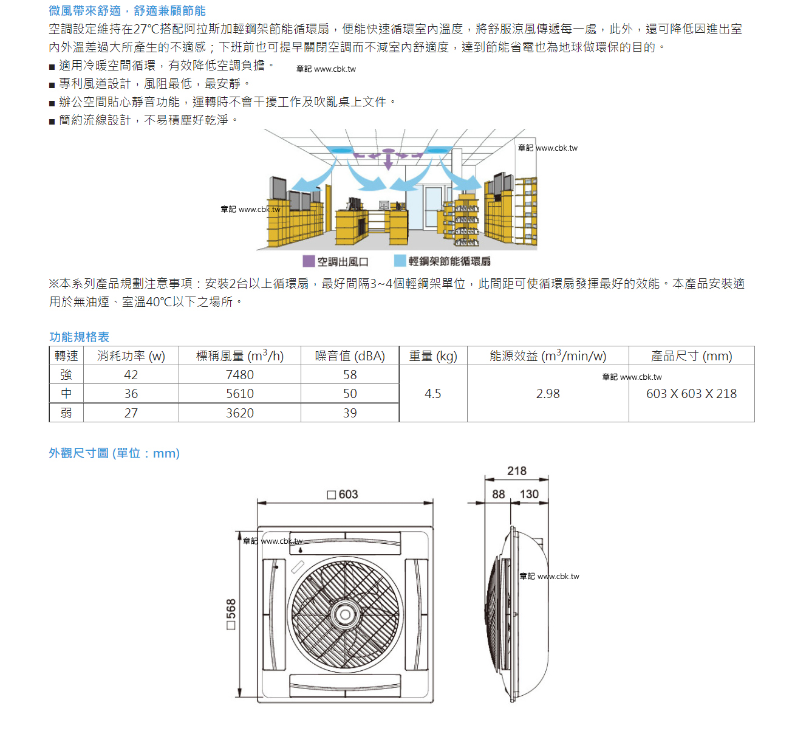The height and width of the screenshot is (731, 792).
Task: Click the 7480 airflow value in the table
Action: (240, 375)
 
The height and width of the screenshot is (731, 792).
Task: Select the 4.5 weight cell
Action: (432, 393)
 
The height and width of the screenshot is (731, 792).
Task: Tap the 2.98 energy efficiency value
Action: (548, 393)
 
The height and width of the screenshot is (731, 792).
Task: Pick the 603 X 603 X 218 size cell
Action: (691, 393)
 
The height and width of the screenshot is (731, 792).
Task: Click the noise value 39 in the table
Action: (350, 413)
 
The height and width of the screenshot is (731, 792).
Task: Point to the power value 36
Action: (131, 393)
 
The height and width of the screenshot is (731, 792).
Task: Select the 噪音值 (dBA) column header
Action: (350, 355)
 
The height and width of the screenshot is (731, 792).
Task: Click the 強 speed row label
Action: (66, 375)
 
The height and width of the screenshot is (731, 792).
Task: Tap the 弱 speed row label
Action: (66, 413)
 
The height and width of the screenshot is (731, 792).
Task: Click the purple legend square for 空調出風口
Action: (309, 261)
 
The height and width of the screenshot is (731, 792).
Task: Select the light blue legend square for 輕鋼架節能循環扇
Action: (400, 261)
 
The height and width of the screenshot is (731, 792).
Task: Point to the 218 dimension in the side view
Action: (516, 471)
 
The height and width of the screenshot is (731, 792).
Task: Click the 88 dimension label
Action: (498, 494)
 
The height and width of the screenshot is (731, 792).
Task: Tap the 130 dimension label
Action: (529, 494)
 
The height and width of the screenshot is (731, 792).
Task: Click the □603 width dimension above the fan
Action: (343, 495)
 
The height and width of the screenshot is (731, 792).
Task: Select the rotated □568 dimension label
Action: (231, 614)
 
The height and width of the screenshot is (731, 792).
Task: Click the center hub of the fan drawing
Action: (346, 614)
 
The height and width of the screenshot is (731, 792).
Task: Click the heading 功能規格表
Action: (79, 337)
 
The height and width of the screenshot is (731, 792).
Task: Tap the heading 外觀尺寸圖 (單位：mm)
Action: (114, 453)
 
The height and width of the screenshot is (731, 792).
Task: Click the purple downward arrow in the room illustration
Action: (388, 161)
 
